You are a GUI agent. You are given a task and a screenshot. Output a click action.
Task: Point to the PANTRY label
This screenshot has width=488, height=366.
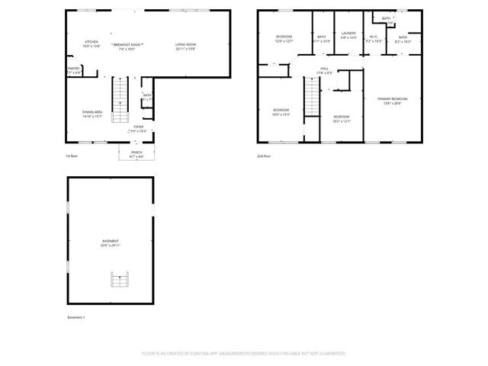click(x=74, y=70)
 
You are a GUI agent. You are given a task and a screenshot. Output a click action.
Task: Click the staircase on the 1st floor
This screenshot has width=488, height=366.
click(x=121, y=100)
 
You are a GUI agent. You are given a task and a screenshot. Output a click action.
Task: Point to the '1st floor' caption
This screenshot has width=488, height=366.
click(x=72, y=156)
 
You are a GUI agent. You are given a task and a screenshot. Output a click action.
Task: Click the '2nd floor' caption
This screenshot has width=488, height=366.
click(x=263, y=156)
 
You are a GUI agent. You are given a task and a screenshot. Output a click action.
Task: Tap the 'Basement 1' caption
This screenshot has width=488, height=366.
click(x=76, y=317)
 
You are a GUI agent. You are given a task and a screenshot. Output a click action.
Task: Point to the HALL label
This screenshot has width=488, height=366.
click(x=324, y=70)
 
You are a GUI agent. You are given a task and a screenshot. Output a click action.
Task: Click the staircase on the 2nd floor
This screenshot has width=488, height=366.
click(x=311, y=98)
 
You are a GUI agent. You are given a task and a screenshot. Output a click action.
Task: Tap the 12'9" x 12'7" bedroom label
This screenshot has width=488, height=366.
click(x=284, y=39)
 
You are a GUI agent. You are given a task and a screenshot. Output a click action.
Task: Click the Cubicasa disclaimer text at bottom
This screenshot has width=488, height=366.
click(x=244, y=354)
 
